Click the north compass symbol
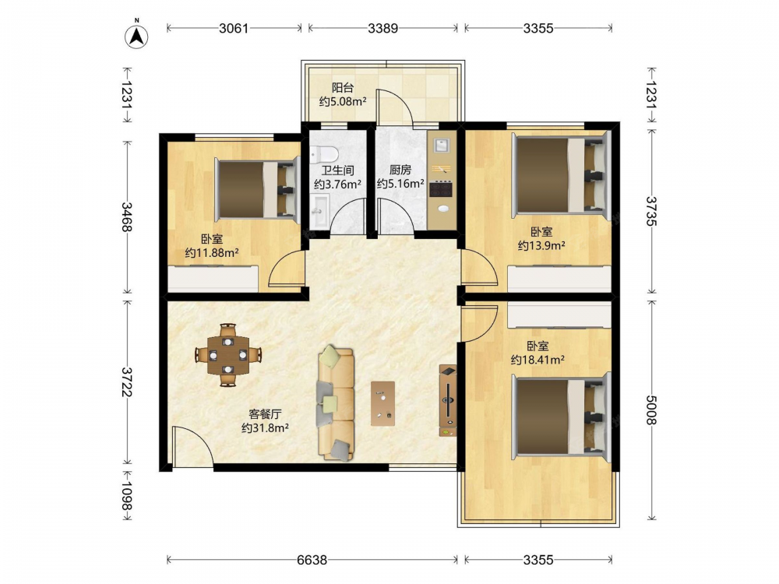pos(136,36)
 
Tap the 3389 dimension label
pos(382,28)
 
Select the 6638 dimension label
pos(312,560)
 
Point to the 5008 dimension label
pos(651,410)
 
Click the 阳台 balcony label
pos(343,88)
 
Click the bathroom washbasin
pos(320,211)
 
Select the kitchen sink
pos(442,145)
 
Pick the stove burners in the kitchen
pos(441,189)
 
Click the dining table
pos(228,356)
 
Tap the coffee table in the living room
pos(383,403)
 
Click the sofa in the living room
pos(337,403)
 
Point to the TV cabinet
pos(448,401)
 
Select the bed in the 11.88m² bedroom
pos(257,188)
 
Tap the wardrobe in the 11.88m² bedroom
pos(213,279)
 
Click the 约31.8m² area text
pos(266,427)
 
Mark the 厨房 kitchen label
pos(400,171)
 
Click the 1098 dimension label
pos(127,496)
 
